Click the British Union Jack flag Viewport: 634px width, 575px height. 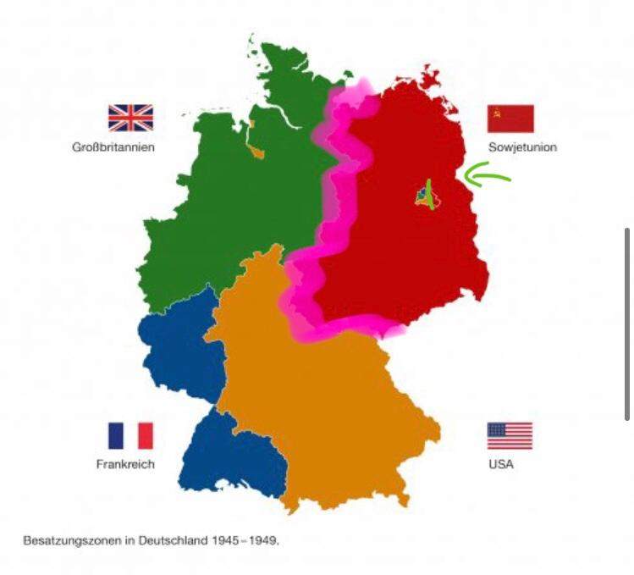tap(130, 118)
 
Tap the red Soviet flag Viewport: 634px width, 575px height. tap(510, 119)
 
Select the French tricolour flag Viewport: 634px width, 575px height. tap(130, 436)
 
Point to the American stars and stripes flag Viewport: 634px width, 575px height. tap(510, 436)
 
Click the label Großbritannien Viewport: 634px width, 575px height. tap(113, 147)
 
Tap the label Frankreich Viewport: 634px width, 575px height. tap(125, 465)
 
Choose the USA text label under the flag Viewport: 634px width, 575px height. tap(500, 465)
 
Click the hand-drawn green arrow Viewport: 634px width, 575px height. tap(488, 177)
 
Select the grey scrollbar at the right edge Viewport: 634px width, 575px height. tap(626, 323)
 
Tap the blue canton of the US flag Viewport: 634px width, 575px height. tap(497, 429)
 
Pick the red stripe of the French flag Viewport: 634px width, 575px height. tap(146, 436)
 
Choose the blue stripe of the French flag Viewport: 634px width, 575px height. tap(115, 436)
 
